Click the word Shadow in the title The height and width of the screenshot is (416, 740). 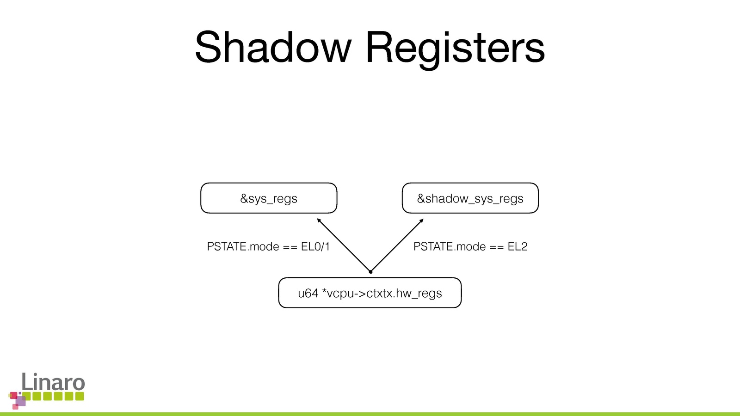point(273,47)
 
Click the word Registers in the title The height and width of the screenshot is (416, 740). point(455,48)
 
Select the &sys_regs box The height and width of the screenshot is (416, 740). point(269,198)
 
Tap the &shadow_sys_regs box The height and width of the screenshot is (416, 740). point(470,198)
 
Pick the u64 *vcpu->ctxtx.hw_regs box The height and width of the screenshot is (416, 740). point(370,293)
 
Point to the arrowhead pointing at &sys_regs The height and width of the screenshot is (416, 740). point(319,220)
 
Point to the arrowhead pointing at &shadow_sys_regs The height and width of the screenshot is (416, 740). point(421,220)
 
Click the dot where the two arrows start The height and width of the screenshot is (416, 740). point(370,272)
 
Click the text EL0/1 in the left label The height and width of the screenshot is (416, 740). point(315,247)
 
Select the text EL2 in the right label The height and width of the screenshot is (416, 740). point(518,247)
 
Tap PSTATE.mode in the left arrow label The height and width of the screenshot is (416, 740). point(243,247)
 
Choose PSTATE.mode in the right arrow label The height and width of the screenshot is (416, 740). point(450,247)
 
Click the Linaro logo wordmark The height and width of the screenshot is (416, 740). point(53,382)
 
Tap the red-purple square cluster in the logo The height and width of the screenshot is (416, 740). point(18,400)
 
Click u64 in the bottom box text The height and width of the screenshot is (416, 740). point(308,294)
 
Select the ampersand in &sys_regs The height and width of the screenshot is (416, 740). point(244,199)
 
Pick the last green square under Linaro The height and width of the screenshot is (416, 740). point(80,396)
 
